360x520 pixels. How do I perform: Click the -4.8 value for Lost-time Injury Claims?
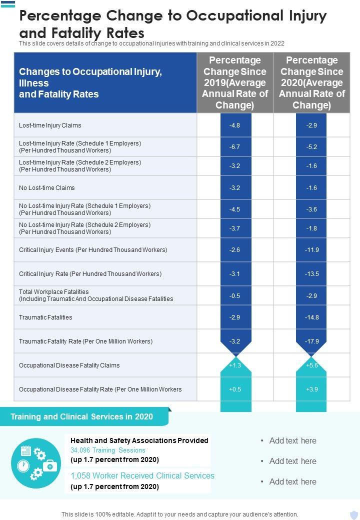pos(234,125)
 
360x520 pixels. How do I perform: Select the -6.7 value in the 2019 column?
pos(234,147)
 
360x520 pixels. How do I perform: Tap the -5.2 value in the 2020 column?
pos(311,147)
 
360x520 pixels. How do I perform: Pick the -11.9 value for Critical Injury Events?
pos(311,250)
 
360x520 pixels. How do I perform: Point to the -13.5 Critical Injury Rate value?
pos(311,274)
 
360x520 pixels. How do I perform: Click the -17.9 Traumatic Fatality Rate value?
pos(311,341)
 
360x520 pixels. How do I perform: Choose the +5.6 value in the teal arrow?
pos(311,365)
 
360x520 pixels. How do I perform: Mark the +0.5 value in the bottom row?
pos(234,389)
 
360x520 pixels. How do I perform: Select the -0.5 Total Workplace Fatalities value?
pos(234,295)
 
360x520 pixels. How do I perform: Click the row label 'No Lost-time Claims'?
pos(47,188)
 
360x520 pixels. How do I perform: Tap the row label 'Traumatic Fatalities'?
pos(45,317)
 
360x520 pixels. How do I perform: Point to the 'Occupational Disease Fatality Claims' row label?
pos(69,365)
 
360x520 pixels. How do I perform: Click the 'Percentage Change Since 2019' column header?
pos(235,83)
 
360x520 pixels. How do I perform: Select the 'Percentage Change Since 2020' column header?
pos(312,83)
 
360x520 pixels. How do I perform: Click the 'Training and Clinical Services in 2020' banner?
pos(82,416)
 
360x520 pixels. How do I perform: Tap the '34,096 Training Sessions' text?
pos(108,450)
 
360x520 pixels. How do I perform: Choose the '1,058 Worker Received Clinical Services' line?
pos(142,475)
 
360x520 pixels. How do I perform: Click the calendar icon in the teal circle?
pos(26,450)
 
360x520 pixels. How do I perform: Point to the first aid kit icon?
pos(50,466)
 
